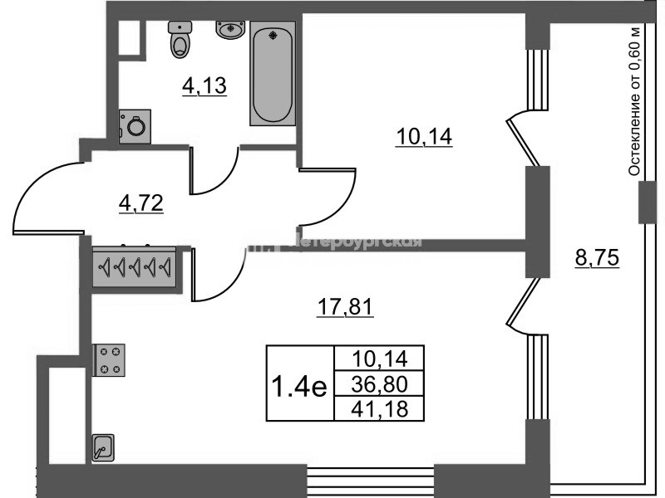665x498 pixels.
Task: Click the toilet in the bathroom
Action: tap(180, 40)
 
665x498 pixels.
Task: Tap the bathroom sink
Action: tap(230, 29)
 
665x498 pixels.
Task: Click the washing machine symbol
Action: tap(134, 125)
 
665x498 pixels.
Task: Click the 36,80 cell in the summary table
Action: tap(378, 383)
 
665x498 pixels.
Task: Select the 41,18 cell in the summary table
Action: tap(378, 408)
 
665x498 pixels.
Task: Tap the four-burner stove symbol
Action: tap(109, 360)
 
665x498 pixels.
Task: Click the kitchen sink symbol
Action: tap(102, 449)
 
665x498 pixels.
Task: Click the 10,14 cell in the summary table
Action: tap(378, 359)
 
